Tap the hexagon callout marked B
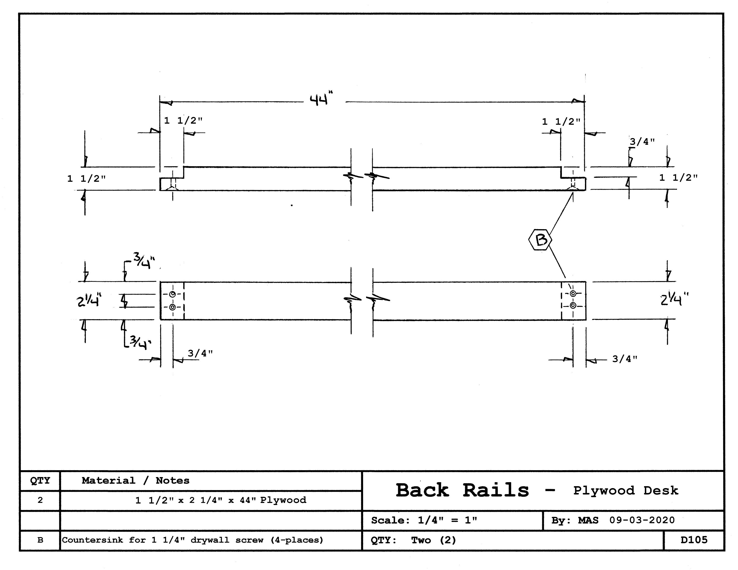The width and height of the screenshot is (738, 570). click(540, 240)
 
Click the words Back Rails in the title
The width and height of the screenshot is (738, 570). click(462, 490)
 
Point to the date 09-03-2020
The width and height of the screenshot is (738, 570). click(642, 520)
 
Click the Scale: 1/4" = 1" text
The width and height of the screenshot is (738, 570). click(424, 520)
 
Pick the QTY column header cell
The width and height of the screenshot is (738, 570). click(40, 480)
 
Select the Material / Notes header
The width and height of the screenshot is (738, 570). click(136, 480)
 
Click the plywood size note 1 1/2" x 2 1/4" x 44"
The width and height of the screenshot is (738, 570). click(220, 500)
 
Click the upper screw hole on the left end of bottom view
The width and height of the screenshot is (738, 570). click(172, 294)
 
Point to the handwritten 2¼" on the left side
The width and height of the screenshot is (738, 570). click(89, 300)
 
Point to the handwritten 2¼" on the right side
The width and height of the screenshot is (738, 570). click(674, 299)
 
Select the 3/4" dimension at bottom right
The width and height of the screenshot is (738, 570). click(624, 359)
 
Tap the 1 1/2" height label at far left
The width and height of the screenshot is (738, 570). click(86, 179)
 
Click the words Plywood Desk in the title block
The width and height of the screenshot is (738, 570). click(626, 491)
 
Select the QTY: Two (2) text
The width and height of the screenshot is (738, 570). click(413, 540)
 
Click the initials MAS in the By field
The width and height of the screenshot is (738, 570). click(588, 520)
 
